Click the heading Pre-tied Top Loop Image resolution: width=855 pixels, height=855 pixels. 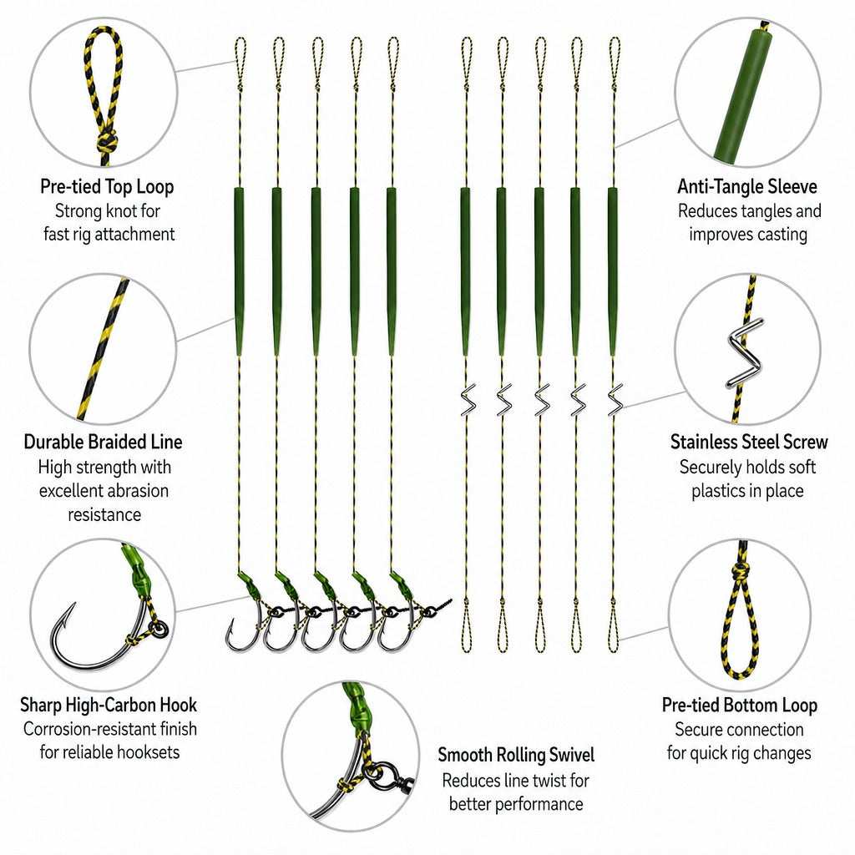point(107,187)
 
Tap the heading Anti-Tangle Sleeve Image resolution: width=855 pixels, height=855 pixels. point(747,187)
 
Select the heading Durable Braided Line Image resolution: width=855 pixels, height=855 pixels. point(103,442)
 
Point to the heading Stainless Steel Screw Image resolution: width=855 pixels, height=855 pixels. point(749,442)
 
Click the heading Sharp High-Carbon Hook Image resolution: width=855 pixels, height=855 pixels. point(109,705)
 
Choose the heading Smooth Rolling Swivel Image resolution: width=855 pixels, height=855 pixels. point(516,755)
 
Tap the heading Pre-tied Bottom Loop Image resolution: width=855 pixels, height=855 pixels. point(740,705)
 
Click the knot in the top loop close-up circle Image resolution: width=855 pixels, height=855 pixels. point(107,143)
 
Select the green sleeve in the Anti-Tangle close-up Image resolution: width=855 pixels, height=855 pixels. point(744,95)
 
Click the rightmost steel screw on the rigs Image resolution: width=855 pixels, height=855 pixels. point(615,400)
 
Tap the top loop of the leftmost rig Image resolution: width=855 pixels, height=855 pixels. point(240,60)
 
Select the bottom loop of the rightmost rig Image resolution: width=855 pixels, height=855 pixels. point(613,627)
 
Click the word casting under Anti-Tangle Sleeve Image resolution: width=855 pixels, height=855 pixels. point(779,235)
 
